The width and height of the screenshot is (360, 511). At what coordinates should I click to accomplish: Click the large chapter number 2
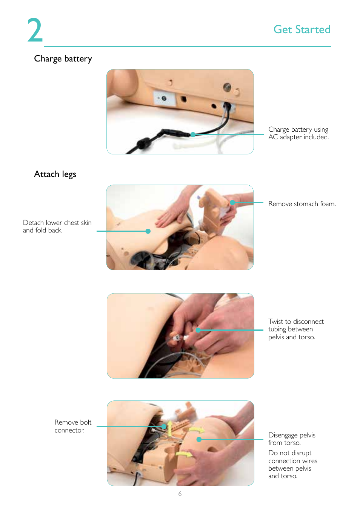pyautogui.click(x=35, y=31)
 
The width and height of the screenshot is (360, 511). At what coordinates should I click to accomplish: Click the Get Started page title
pyautogui.click(x=302, y=29)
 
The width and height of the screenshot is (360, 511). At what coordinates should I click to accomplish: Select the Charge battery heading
pyautogui.click(x=63, y=59)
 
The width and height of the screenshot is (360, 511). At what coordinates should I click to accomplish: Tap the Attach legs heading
pyautogui.click(x=55, y=174)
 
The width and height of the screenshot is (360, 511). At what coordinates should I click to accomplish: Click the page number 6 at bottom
pyautogui.click(x=180, y=494)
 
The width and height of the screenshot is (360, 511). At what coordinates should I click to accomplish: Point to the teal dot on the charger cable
pyautogui.click(x=193, y=134)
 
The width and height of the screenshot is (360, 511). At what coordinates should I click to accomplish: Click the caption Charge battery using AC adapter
pyautogui.click(x=298, y=133)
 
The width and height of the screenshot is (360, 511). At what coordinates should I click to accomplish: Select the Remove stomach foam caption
pyautogui.click(x=302, y=204)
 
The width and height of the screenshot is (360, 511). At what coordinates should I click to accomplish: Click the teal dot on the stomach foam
pyautogui.click(x=232, y=203)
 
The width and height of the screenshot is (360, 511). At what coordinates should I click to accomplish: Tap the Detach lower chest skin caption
pyautogui.click(x=57, y=226)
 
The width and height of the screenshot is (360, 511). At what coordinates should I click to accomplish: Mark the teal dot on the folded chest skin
pyautogui.click(x=148, y=231)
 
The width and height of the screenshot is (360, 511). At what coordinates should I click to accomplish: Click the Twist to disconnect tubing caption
pyautogui.click(x=296, y=329)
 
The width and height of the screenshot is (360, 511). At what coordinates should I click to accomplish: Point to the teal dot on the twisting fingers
pyautogui.click(x=198, y=330)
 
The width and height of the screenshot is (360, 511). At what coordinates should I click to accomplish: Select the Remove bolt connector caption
pyautogui.click(x=73, y=426)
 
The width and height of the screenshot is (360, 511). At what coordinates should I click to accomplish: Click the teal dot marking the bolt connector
pyautogui.click(x=164, y=426)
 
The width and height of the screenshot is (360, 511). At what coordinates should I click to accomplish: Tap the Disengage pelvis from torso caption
pyautogui.click(x=292, y=439)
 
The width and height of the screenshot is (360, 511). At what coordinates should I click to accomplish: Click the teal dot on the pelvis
pyautogui.click(x=199, y=439)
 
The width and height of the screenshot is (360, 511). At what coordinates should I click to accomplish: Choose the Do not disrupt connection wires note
pyautogui.click(x=292, y=465)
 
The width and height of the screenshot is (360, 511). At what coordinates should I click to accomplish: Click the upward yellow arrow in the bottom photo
pyautogui.click(x=170, y=429)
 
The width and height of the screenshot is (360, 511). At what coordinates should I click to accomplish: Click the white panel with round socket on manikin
pyautogui.click(x=165, y=99)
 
